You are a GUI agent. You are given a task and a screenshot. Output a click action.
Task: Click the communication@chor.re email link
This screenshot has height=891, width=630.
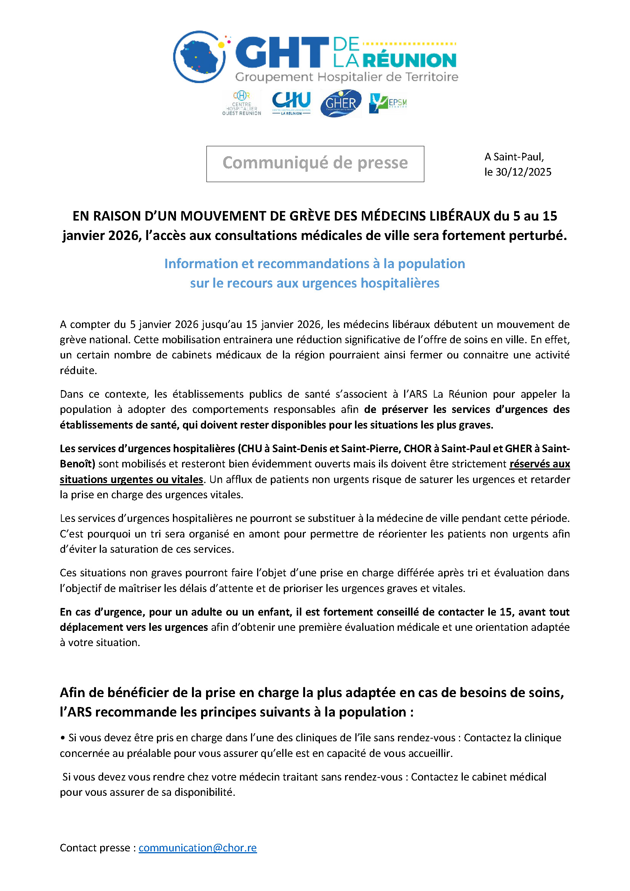pos(197,848)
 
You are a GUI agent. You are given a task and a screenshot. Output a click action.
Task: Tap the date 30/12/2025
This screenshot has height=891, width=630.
pos(523,172)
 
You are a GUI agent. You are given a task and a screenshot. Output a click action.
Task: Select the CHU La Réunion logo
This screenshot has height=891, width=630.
pos(291,103)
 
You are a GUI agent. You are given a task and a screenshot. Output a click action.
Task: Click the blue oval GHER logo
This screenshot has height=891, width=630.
pos(341,103)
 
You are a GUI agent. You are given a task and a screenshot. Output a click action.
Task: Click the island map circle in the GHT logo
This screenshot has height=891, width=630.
pos(199,57)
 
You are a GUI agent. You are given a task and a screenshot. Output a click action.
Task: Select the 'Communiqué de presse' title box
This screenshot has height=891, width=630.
pos(315,163)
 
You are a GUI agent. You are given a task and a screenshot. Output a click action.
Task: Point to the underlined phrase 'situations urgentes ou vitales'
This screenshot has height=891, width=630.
pos(131,479)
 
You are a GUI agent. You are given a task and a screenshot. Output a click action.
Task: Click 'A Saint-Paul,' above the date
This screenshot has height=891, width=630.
pos(514,157)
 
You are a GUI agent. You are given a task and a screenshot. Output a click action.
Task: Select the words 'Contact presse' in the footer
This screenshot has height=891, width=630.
pos(95,848)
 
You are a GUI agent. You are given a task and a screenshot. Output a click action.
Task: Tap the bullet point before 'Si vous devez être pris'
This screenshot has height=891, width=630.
pos(62,737)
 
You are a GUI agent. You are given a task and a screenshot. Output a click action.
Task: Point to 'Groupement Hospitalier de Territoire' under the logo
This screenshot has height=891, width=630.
pos(346,77)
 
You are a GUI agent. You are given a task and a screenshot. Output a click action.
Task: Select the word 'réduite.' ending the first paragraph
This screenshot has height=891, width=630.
pos(78,370)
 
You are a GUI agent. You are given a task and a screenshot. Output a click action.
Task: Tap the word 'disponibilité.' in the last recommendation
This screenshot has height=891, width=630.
pos(205,792)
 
